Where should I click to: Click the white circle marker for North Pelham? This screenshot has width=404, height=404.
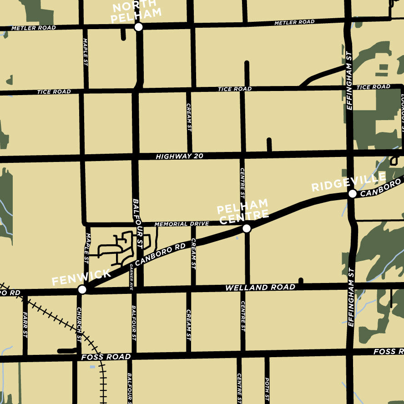[139, 27]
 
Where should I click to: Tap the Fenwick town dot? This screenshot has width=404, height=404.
[82, 289]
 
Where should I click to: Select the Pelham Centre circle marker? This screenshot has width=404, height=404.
[247, 228]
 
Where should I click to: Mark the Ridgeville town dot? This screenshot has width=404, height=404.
[352, 194]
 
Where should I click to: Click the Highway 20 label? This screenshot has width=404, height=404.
[179, 157]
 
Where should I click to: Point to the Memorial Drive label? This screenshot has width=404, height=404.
[182, 224]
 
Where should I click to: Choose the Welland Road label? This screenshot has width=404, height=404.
[260, 288]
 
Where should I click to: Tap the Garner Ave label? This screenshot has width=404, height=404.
[131, 277]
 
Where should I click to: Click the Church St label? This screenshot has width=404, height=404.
[79, 324]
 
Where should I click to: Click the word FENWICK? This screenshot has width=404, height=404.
[81, 277]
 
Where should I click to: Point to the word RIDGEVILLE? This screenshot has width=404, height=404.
[348, 182]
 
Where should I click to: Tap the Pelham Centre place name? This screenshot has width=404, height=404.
[242, 212]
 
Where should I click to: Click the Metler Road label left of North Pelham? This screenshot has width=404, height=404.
[34, 28]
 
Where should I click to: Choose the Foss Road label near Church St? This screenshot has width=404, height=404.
[106, 357]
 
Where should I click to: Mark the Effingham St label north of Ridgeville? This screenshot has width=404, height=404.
[349, 80]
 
